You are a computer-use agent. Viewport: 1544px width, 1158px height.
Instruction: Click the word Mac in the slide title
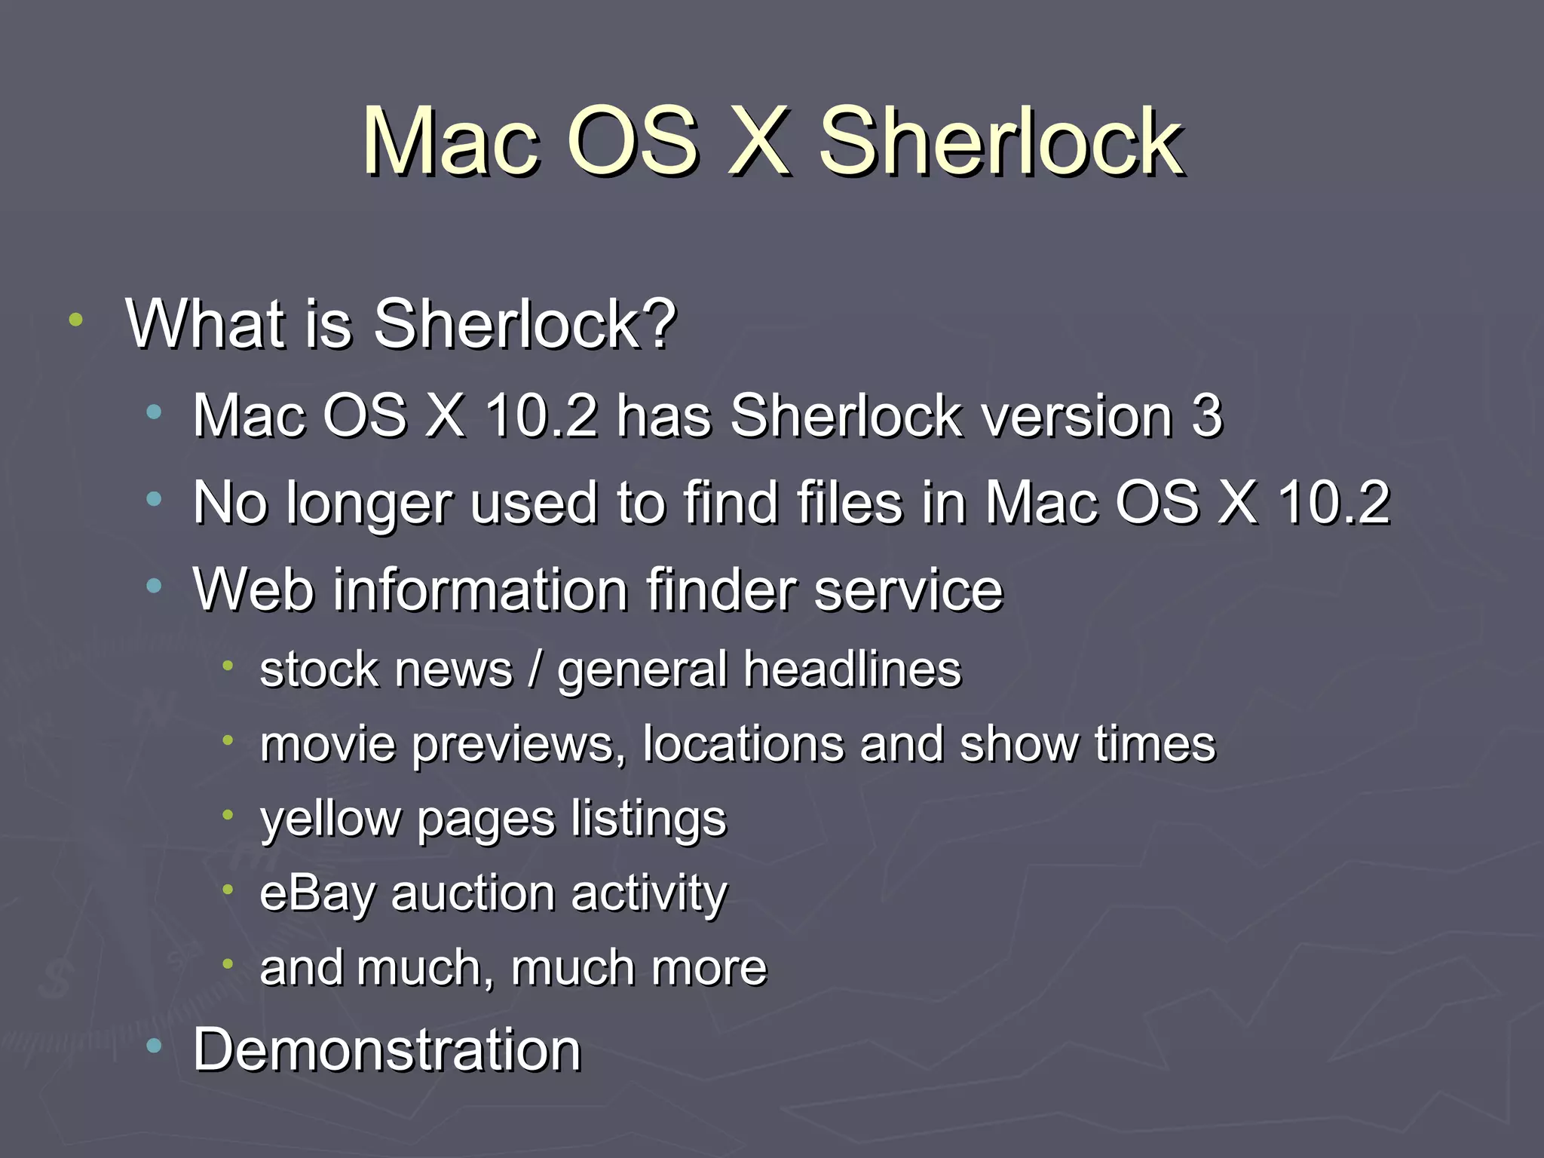pyautogui.click(x=450, y=142)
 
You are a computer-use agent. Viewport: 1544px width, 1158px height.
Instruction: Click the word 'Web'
pyautogui.click(x=253, y=589)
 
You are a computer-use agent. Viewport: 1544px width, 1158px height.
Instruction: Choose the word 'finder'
pyautogui.click(x=721, y=589)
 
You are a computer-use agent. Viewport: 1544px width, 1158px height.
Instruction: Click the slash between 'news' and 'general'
pyautogui.click(x=535, y=669)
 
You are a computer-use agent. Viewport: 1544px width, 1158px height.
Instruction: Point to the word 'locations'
pyautogui.click(x=743, y=744)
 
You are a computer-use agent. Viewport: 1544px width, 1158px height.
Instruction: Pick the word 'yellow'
pyautogui.click(x=330, y=819)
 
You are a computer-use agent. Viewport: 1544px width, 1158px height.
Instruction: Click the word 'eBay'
pyautogui.click(x=317, y=894)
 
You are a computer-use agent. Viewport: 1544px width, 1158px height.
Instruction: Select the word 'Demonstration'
pyautogui.click(x=387, y=1049)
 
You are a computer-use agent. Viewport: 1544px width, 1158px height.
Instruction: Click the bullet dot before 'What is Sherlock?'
pyautogui.click(x=75, y=320)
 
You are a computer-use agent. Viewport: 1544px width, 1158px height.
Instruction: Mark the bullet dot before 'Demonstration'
pyautogui.click(x=155, y=1046)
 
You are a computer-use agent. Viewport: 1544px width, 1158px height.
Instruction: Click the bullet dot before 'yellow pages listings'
pyautogui.click(x=228, y=814)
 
